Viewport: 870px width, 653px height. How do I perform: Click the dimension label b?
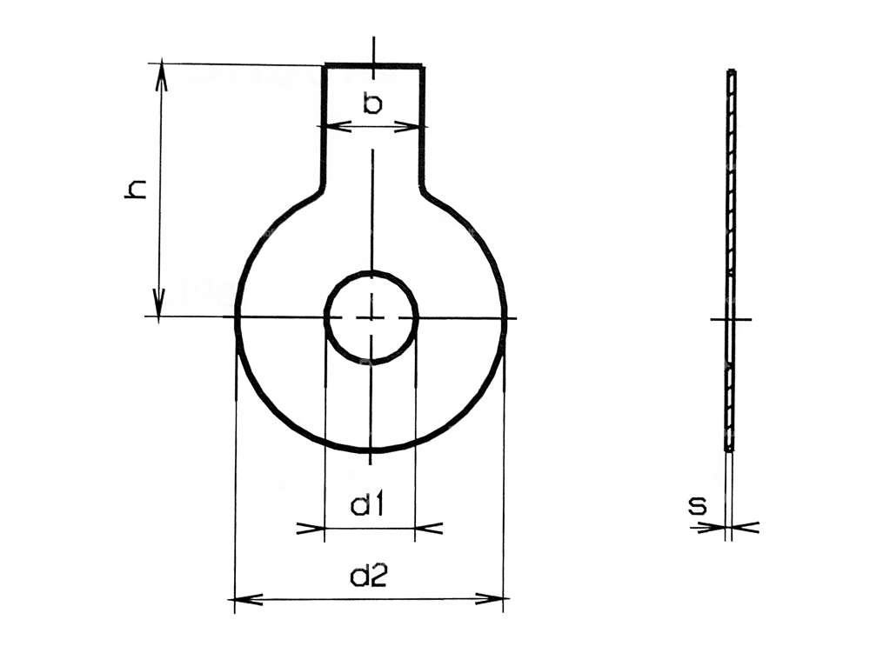tap(372, 104)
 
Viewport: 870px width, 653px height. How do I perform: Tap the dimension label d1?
tap(369, 505)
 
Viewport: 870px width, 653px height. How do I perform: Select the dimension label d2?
tap(369, 576)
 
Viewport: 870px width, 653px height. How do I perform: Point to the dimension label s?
tap(698, 505)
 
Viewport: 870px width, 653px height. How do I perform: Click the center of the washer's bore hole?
tap(371, 318)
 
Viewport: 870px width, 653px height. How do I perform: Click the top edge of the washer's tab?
tap(374, 65)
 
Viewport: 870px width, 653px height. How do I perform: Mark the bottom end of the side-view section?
tap(730, 449)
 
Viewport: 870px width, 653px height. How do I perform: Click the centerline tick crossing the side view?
tap(731, 319)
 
